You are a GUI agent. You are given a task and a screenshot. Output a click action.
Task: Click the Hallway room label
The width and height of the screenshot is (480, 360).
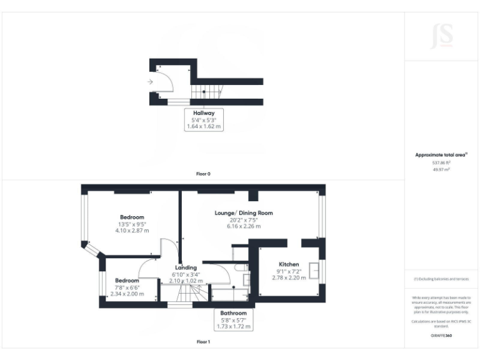click(x=204, y=113)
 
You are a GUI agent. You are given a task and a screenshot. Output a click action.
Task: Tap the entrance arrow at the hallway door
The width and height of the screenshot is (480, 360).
click(x=151, y=82)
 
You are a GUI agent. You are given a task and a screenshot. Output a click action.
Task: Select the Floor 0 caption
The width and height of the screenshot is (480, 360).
click(x=203, y=174)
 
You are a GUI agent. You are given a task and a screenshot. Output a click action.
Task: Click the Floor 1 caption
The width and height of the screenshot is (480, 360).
click(x=203, y=342)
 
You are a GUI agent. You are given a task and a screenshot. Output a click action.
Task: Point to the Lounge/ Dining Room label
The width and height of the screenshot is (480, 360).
click(x=244, y=213)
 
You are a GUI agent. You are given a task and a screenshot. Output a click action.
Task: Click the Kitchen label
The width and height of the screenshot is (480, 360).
click(x=289, y=264)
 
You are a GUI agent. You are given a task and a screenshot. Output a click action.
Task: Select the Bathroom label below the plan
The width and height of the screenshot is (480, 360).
click(x=233, y=313)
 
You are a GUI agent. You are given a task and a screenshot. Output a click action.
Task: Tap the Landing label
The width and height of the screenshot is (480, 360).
click(x=186, y=267)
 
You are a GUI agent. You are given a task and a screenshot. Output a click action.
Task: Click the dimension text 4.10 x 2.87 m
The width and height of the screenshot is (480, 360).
click(x=132, y=231)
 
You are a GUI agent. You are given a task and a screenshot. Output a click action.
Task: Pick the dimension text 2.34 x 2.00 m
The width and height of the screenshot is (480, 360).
click(x=127, y=294)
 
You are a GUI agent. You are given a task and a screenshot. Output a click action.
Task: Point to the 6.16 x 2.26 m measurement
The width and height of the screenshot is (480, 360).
click(x=244, y=226)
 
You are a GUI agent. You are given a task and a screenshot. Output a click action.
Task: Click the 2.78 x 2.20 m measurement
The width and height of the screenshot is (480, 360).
click(x=289, y=277)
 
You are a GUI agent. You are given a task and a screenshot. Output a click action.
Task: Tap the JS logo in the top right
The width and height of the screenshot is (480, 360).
click(x=442, y=36)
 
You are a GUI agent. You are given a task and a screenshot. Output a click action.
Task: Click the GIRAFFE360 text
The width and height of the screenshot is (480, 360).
click(x=442, y=336)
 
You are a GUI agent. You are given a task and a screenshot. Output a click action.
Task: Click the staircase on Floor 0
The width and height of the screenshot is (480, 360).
click(x=206, y=92)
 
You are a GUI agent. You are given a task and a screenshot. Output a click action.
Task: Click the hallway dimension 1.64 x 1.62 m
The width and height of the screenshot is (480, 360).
click(x=204, y=126)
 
